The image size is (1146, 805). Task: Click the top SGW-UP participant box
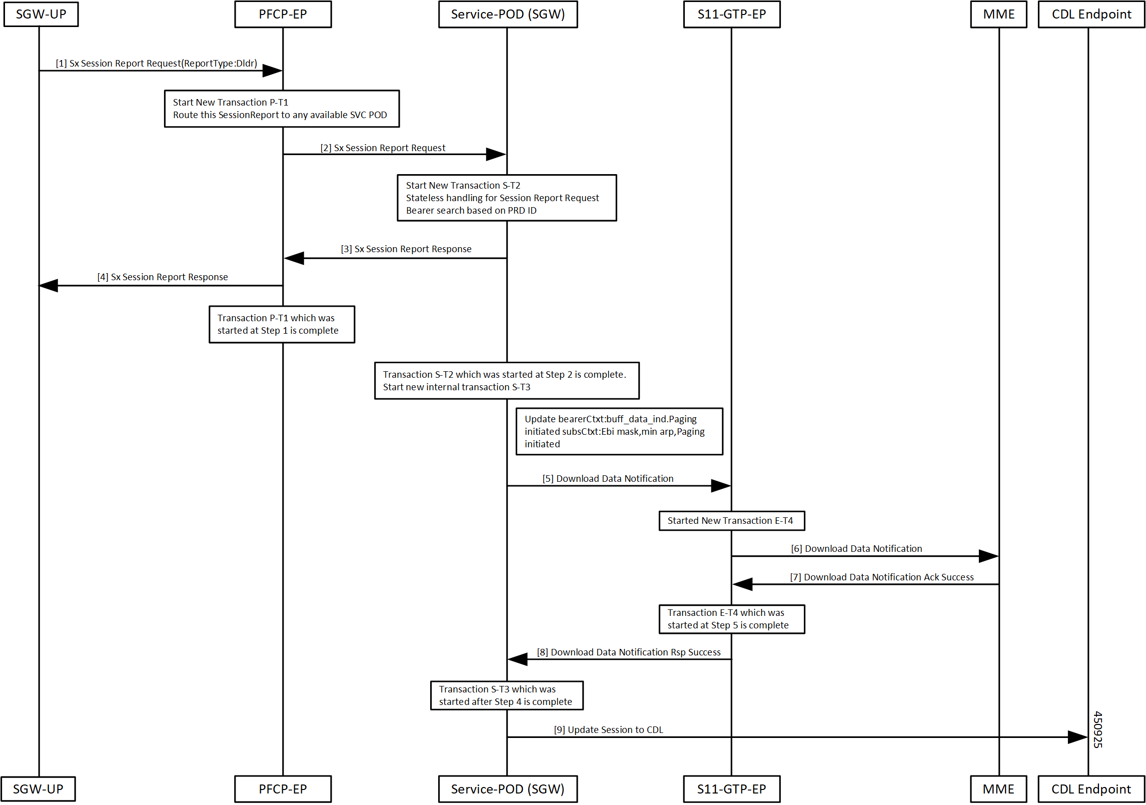point(41,14)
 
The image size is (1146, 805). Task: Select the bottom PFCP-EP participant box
point(283,789)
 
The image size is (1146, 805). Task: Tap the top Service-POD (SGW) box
point(508,14)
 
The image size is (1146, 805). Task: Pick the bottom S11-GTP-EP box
point(731,789)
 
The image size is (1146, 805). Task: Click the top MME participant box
point(998,14)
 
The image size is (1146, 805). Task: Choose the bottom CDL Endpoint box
point(1091,789)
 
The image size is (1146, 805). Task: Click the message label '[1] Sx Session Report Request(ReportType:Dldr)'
point(156,64)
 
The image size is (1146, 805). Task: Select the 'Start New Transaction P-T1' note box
point(282,109)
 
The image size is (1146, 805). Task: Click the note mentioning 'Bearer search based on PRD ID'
point(507,198)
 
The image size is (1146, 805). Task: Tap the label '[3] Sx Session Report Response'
point(406,249)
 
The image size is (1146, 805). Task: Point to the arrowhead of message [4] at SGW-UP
point(40,286)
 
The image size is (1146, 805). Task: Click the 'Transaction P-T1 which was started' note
point(282,324)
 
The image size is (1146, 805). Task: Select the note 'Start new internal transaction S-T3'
point(507,381)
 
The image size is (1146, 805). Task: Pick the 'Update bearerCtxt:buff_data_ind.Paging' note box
point(619,431)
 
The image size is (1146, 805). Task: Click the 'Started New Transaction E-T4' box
point(731,521)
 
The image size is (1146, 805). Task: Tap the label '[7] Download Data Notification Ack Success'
point(882,577)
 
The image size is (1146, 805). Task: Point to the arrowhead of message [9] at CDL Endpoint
point(1087,737)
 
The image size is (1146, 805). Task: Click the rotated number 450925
point(1097,729)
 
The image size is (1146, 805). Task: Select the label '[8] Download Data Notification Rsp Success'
point(629,652)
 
